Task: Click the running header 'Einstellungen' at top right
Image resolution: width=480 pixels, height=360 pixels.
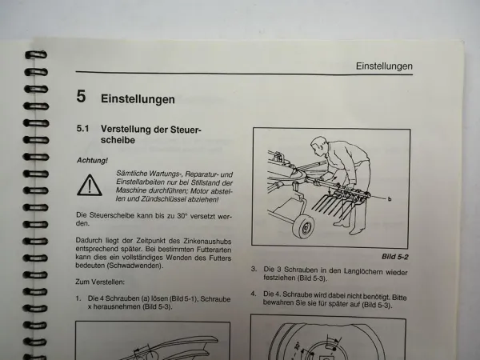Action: click(x=384, y=66)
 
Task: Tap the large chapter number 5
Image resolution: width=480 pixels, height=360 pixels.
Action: click(x=81, y=98)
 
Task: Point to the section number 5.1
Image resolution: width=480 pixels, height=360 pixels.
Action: click(x=84, y=128)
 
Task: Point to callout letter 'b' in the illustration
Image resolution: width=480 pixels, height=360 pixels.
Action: click(x=410, y=197)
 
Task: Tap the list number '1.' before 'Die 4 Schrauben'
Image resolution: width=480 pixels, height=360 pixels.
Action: click(x=79, y=298)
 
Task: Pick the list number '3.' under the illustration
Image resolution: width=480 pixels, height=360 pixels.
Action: click(x=253, y=270)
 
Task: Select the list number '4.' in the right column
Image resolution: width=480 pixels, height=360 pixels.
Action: click(x=253, y=294)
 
